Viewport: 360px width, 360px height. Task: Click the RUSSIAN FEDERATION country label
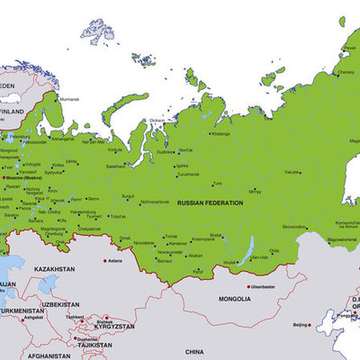pos(211,203)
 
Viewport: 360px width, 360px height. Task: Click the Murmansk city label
pos(70,99)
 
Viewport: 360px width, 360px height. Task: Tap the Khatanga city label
pos(220,133)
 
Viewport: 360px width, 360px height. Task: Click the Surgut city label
pos(128,194)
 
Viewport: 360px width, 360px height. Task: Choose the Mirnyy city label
pos(255,191)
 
